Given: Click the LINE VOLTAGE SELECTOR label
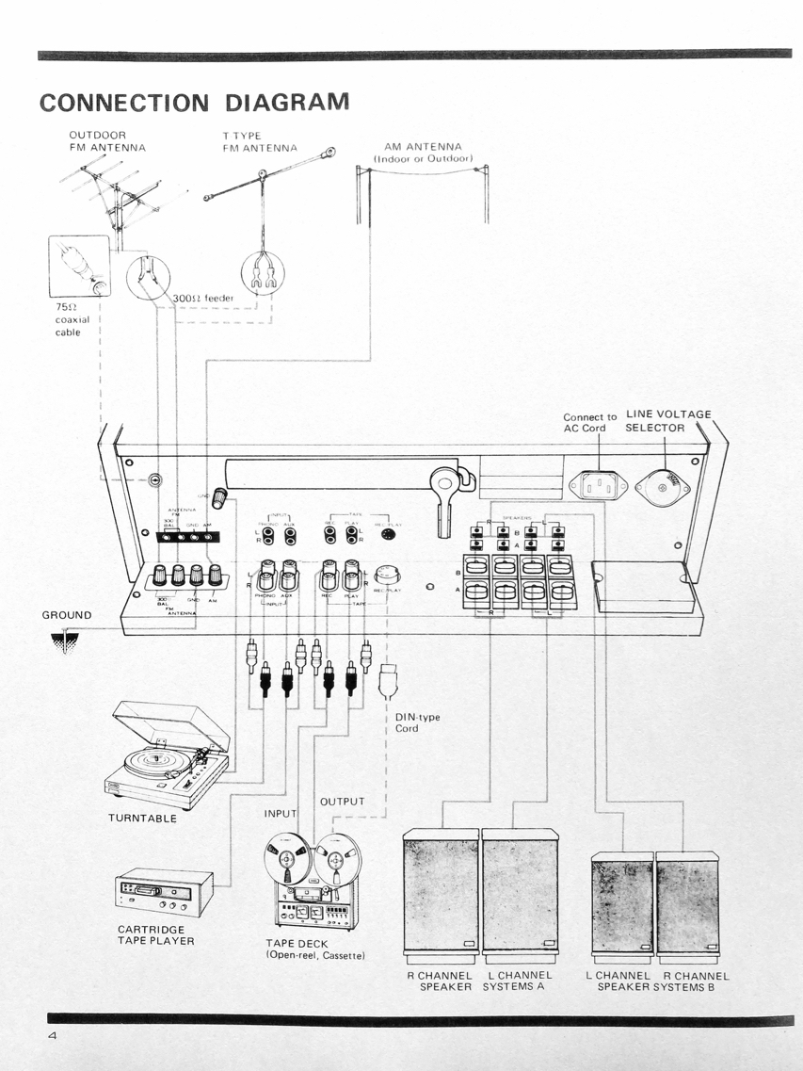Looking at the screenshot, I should pos(668,420).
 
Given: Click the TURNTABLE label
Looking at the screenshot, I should pos(142,818).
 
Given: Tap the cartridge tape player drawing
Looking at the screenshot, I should pos(162,892).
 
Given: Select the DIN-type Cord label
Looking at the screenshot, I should pos(417,722).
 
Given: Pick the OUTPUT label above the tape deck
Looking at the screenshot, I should pos(342,801).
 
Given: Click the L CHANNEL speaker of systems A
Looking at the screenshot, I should pos(522,892).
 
